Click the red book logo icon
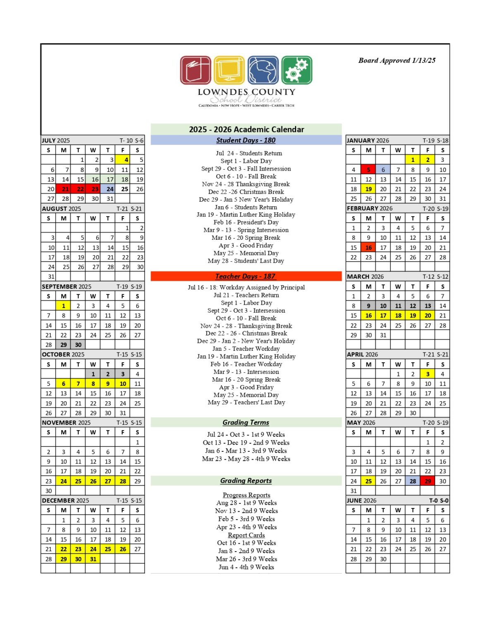coord(196,70)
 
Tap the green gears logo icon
coord(297,70)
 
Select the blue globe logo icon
coord(263,70)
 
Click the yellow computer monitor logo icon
coord(229,70)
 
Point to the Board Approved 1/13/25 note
coord(397,60)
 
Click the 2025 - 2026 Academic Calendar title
coord(246,129)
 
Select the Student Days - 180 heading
coord(246,140)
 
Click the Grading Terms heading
coord(246,422)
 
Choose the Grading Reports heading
coord(246,481)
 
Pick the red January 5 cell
coord(368,169)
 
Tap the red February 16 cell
coord(368,248)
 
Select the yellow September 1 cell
coord(63,306)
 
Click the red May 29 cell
coord(428,481)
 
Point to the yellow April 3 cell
coord(428,374)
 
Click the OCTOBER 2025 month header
coord(63,354)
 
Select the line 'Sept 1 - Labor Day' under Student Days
coord(246,161)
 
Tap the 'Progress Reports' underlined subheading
coord(246,495)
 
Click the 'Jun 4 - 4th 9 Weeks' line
coord(246,567)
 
